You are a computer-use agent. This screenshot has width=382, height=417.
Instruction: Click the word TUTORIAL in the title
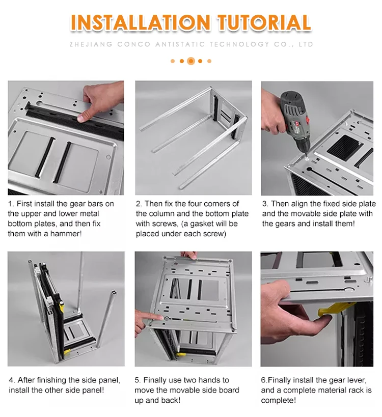tap(264, 23)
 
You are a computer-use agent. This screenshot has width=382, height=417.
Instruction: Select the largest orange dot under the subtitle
tap(191, 61)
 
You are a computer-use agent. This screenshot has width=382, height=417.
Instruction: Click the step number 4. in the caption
tap(12, 380)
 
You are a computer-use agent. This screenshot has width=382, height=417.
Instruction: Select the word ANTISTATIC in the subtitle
tap(178, 44)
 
